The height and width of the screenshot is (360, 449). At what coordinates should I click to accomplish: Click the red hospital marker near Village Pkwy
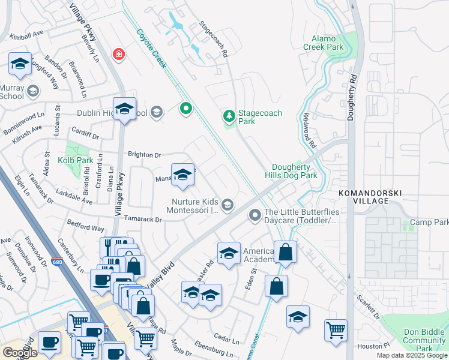(119, 55)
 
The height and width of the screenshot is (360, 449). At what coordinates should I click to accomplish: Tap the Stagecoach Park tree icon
(228, 115)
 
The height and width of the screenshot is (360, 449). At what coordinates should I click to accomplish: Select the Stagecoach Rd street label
(214, 40)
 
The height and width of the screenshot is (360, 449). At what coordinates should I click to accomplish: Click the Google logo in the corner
(20, 352)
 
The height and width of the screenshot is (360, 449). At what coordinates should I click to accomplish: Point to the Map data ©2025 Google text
(412, 355)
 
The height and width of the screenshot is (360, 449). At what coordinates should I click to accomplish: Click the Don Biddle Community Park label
(424, 340)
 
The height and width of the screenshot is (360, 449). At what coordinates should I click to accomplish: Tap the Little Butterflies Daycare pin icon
(256, 214)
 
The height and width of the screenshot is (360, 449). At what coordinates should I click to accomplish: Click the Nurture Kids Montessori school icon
(227, 206)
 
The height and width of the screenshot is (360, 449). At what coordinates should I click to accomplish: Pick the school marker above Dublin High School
(124, 109)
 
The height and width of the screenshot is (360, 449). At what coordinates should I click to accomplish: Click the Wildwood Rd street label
(309, 131)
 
